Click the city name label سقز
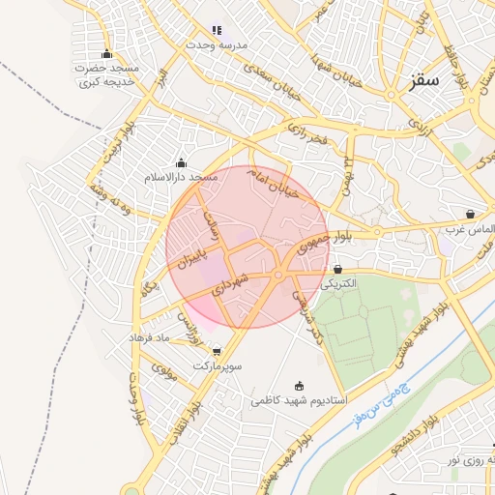click(423, 80)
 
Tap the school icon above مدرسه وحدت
click(217, 31)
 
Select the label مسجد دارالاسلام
click(181, 178)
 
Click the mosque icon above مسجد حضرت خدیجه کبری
click(106, 53)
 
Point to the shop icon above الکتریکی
click(337, 269)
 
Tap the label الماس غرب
click(469, 229)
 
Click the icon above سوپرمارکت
click(217, 352)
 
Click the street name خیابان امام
click(287, 181)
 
